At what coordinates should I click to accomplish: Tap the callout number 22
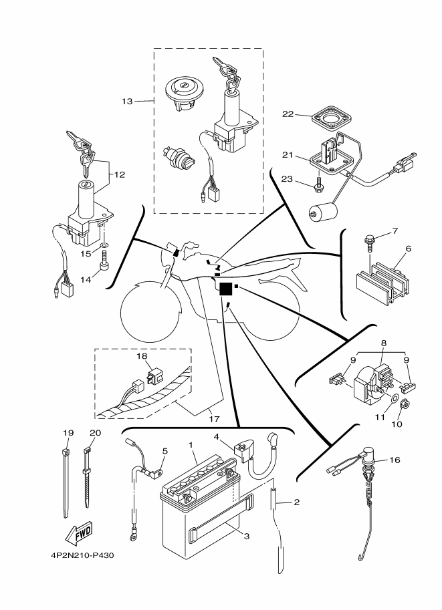click(288, 114)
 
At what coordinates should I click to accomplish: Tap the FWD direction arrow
click(78, 532)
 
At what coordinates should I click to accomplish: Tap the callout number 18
click(142, 357)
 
